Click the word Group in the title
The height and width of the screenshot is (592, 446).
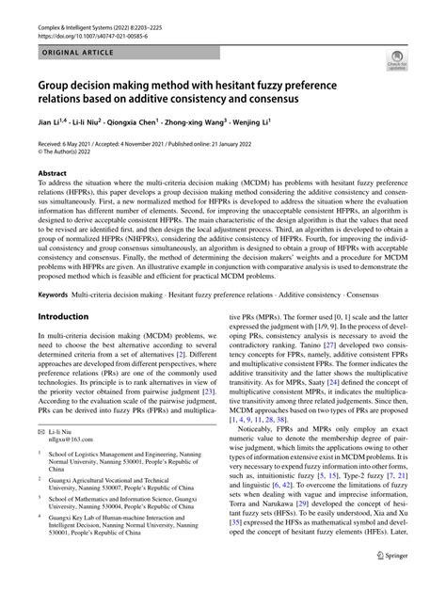(x=62, y=86)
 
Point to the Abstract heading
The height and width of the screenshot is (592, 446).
(x=53, y=174)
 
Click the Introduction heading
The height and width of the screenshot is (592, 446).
(x=68, y=317)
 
